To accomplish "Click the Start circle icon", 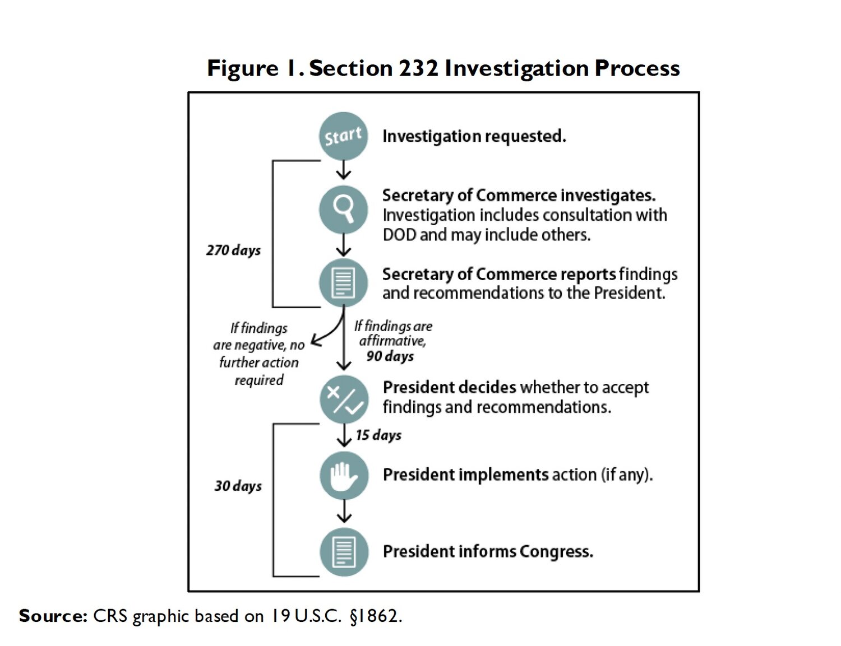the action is (343, 136).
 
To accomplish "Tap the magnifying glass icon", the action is (343, 210).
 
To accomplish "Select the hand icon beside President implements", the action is (344, 476).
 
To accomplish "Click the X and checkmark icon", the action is (344, 399).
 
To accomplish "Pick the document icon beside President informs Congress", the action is (344, 552).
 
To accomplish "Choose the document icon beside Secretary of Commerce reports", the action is (343, 283).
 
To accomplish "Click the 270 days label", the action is (233, 250).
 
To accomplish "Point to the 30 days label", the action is (238, 486).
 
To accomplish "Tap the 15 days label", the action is (378, 435).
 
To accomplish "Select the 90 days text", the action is (390, 356).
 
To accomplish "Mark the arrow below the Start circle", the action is (343, 170).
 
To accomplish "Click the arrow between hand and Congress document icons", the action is (344, 512).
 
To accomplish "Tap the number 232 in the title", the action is (418, 68).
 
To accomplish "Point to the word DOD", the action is (399, 235).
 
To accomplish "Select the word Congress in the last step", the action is (556, 552).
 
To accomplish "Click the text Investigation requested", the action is (474, 137).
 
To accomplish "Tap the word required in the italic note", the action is (259, 380).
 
